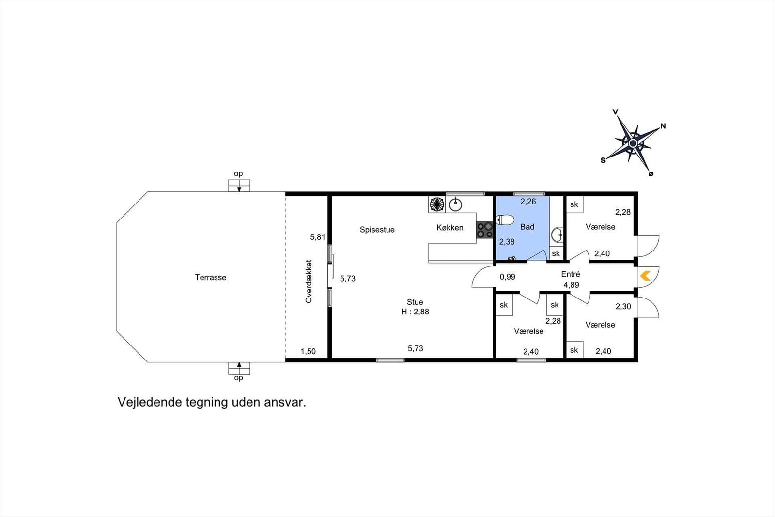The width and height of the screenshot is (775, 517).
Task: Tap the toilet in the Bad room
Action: [x=505, y=220]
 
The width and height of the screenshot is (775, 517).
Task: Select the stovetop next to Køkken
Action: [x=484, y=230]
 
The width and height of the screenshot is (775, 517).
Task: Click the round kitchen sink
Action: [x=456, y=205]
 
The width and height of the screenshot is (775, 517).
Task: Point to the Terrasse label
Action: [x=210, y=277]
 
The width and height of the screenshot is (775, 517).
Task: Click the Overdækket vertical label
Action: [x=309, y=282]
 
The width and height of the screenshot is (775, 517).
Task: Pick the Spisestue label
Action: [x=377, y=230]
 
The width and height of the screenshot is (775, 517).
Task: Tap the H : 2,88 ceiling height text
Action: [x=415, y=312]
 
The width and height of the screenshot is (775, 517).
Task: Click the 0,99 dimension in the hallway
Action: [x=508, y=277]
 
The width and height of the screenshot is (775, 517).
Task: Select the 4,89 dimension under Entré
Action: [x=571, y=285]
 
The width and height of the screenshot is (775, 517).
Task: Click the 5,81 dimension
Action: [x=318, y=237]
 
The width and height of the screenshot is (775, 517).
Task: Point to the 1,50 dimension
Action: [x=308, y=352]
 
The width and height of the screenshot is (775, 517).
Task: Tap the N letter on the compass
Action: [x=663, y=126]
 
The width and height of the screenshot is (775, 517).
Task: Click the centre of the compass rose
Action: [x=633, y=143]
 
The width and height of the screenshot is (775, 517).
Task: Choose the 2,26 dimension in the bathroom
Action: [x=528, y=202]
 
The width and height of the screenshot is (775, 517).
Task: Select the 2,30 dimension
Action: [x=623, y=306]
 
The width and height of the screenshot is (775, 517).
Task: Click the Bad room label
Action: [x=527, y=227]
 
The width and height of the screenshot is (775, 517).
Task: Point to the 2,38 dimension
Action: [x=507, y=242]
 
